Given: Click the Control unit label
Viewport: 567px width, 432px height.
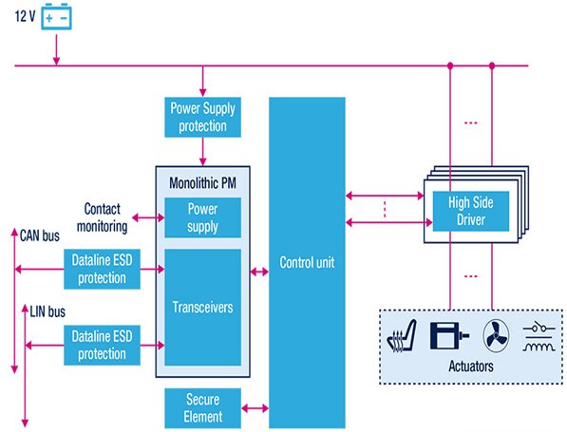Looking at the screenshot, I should click(308, 259).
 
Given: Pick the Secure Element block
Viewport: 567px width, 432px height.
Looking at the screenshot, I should click(202, 408).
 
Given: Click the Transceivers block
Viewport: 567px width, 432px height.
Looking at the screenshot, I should click(202, 308).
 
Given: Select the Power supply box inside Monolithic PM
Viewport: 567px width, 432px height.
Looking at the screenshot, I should click(202, 218).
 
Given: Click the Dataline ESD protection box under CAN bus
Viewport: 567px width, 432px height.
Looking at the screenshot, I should click(104, 269).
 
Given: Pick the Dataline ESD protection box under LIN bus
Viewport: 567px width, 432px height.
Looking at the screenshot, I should click(104, 346).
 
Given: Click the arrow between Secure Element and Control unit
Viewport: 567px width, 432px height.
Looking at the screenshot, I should click(255, 408).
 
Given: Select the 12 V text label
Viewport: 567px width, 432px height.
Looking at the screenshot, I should click(26, 17).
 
